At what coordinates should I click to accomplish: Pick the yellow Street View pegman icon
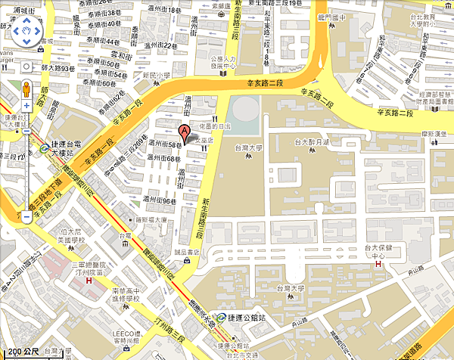pyautogui.click(x=26, y=88)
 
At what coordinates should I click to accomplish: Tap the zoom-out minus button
pyautogui.click(x=26, y=217)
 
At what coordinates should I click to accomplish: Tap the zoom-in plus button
pyautogui.click(x=26, y=106)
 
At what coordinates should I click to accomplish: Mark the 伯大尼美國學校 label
pyautogui.click(x=75, y=235)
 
